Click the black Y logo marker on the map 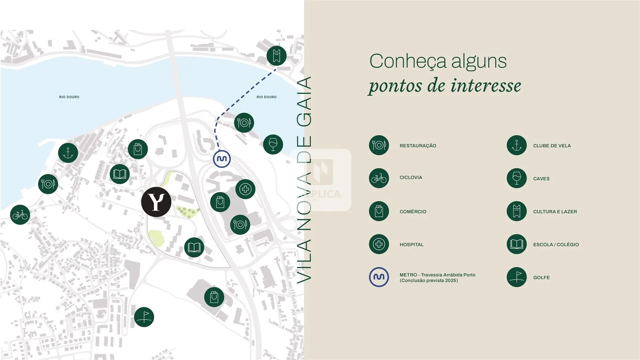click(156, 202)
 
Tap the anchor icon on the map click(68, 153)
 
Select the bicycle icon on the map click(20, 215)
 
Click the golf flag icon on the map click(144, 317)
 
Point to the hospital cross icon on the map click(245, 189)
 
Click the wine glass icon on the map click(273, 144)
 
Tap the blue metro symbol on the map click(222, 159)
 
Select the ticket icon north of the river click(277, 56)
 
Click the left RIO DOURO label click(69, 97)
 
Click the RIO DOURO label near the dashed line click(267, 97)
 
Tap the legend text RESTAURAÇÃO click(418, 146)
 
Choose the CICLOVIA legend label click(411, 178)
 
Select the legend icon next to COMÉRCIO click(379, 211)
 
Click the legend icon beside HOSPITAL click(379, 244)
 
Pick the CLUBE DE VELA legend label click(552, 146)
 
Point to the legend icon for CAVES click(517, 178)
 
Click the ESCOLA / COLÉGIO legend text click(556, 245)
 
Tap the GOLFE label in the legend click(541, 278)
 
